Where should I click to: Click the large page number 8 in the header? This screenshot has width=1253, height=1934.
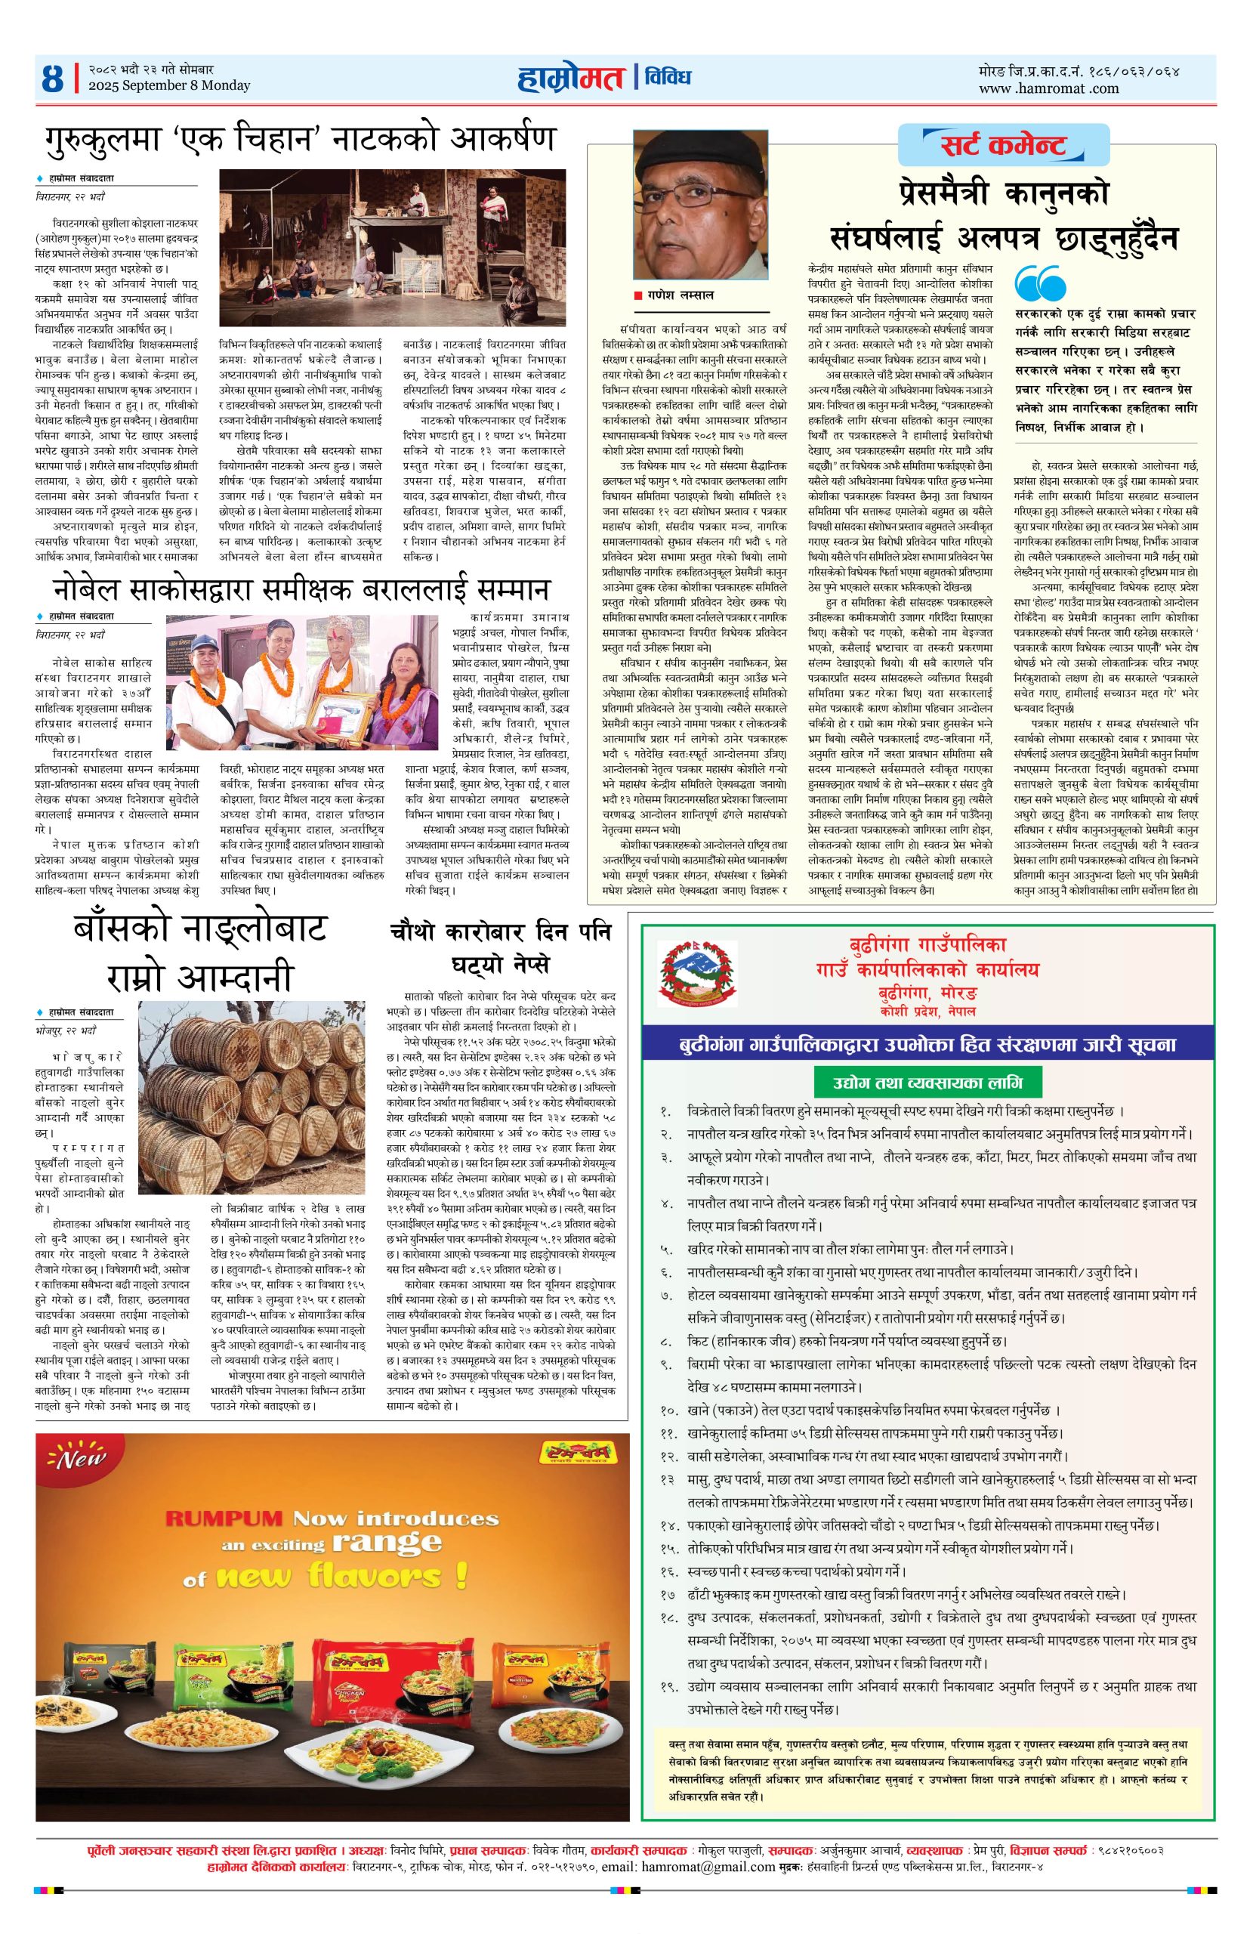pos(53,79)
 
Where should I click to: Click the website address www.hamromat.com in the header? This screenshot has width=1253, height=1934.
pos(1048,88)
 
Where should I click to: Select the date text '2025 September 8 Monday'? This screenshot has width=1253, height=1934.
pos(170,86)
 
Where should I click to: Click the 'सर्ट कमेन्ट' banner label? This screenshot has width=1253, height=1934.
pos(994,147)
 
